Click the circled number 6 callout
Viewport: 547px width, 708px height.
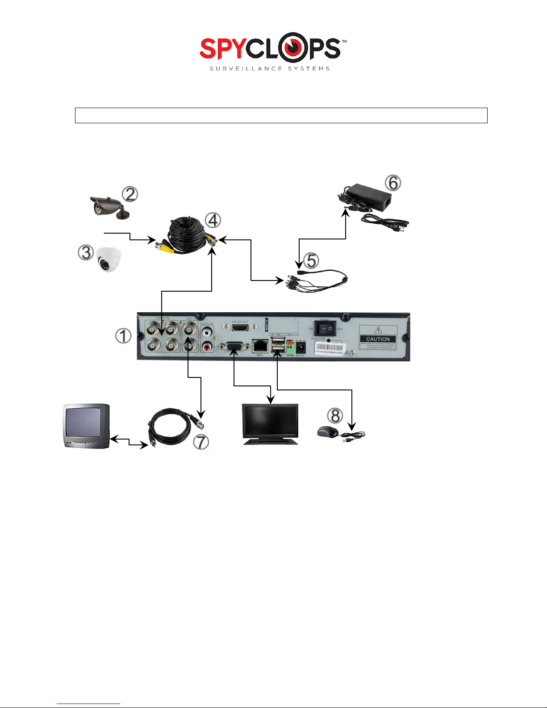click(x=393, y=182)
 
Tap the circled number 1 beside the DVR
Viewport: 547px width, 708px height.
click(x=123, y=335)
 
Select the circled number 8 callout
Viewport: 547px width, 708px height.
click(x=335, y=415)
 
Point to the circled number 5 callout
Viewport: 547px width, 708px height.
click(x=311, y=260)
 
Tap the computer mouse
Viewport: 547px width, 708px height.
click(x=328, y=432)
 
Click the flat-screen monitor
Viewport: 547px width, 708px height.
click(x=270, y=422)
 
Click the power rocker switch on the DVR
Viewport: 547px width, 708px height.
click(x=325, y=328)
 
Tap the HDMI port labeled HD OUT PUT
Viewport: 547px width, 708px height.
click(x=240, y=328)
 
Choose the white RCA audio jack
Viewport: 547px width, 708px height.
click(x=207, y=332)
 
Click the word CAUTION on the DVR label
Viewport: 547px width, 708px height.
click(x=378, y=339)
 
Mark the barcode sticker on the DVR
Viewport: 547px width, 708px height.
click(x=330, y=348)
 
